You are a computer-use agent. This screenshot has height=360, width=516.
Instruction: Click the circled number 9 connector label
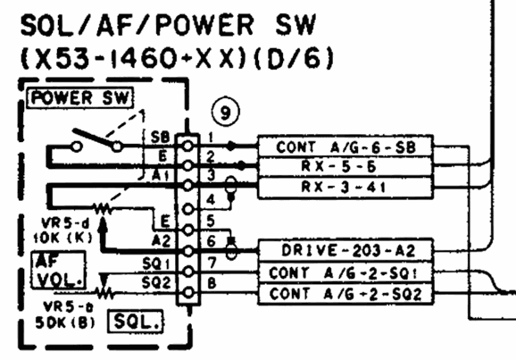[223, 113]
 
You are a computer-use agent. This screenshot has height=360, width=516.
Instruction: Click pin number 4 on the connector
[209, 198]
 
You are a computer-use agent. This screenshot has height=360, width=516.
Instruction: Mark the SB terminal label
[162, 137]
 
